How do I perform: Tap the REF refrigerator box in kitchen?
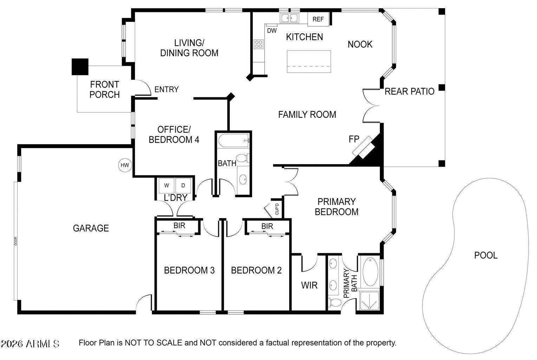318,19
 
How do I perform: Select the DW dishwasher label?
272,31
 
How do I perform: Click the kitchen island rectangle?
309,62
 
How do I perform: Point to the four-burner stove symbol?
259,44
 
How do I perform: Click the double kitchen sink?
289,18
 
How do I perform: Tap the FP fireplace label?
354,139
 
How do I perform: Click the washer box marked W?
167,185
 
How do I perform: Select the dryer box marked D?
183,185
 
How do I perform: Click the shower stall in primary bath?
369,301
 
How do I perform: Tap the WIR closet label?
309,285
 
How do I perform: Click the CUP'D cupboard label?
277,210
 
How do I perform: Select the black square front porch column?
80,67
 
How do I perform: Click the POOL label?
486,255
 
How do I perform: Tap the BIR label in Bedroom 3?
179,225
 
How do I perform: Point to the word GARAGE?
91,228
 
